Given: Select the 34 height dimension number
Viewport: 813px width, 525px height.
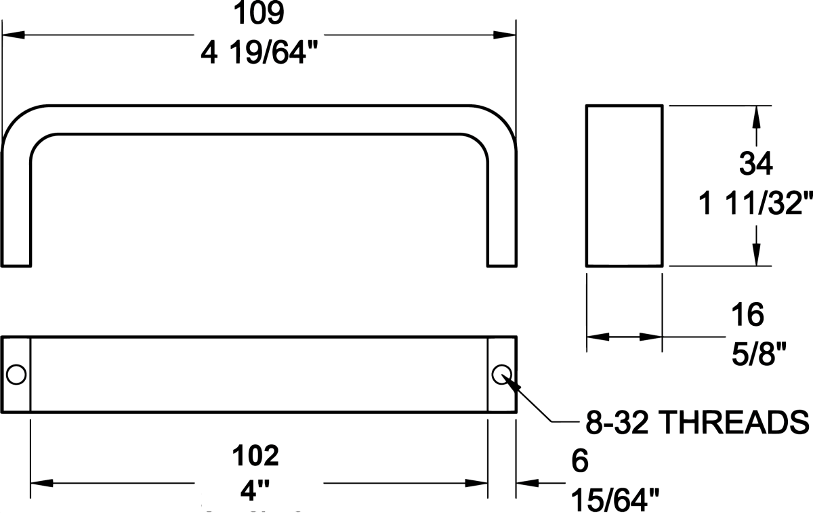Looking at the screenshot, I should click(x=756, y=164).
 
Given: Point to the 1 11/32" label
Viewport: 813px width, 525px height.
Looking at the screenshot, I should click(x=756, y=203).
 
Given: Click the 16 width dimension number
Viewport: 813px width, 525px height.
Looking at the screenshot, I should click(x=748, y=314).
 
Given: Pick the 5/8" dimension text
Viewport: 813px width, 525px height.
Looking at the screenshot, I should click(x=757, y=353).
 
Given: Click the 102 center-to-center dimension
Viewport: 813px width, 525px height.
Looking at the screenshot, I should click(x=255, y=455).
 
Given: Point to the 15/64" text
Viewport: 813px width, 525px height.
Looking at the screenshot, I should click(x=615, y=501).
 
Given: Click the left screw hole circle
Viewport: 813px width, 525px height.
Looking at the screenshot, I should click(x=16, y=374).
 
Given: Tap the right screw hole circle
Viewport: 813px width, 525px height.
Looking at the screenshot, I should click(x=502, y=373).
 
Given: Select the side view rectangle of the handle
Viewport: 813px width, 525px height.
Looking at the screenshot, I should click(x=624, y=186).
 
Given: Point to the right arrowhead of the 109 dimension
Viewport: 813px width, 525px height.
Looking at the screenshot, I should click(x=505, y=34).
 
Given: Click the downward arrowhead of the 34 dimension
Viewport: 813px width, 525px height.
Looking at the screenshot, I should click(x=757, y=255).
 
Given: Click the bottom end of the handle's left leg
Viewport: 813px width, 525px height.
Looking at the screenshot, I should click(x=17, y=265).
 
